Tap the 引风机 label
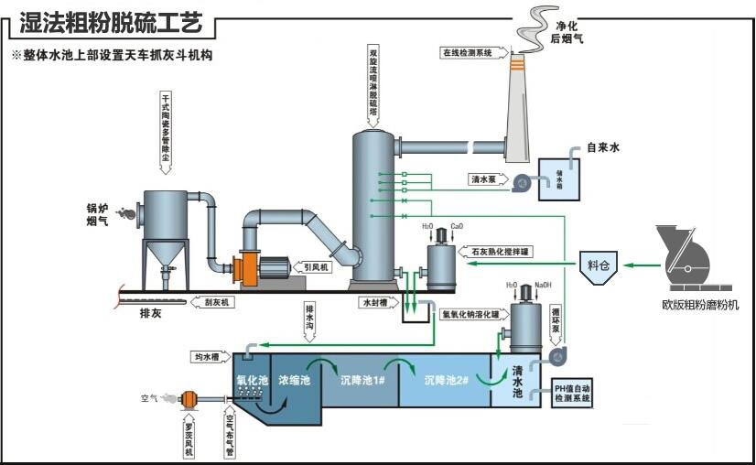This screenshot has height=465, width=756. point(318,267)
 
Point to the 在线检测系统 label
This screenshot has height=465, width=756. point(469,53)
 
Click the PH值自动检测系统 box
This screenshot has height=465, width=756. point(573,395)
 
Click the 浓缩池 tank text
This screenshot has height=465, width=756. point(295,379)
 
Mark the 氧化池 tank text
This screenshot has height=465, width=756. point(251,379)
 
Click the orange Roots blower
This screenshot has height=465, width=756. point(190,399)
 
